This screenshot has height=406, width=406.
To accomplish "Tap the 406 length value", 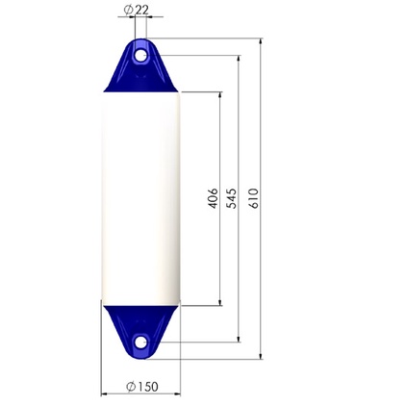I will pyautogui.click(x=213, y=199).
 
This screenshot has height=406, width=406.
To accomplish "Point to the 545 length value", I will pyautogui.click(x=231, y=199).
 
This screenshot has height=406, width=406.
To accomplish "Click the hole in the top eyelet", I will pyautogui.click(x=141, y=56).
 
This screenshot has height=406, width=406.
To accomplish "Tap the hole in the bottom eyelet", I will pyautogui.click(x=141, y=342).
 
